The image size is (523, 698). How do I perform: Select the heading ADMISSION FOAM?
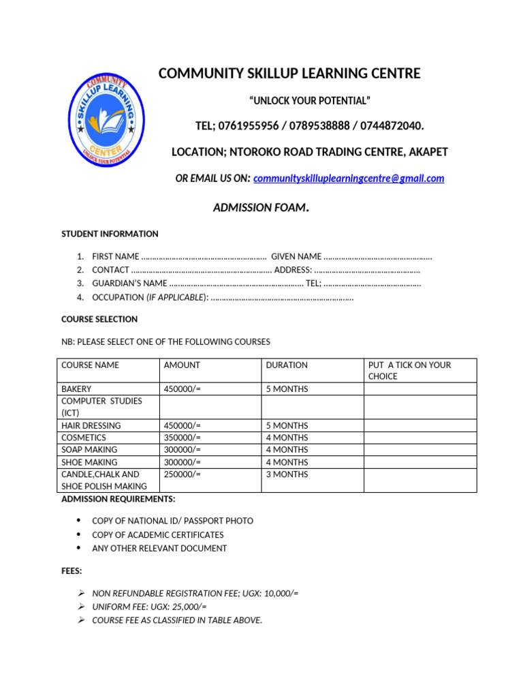261,208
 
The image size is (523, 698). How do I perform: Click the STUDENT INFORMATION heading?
110,234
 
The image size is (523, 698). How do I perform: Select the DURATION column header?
287,365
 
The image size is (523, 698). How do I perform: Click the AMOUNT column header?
182,365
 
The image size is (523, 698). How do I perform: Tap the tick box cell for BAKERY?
419,389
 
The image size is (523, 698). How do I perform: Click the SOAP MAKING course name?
89,450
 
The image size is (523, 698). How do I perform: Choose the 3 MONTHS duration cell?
287,474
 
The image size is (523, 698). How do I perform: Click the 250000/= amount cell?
183,474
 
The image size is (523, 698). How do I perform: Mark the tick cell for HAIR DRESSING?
419,425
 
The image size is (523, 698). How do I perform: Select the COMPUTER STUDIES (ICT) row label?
101,407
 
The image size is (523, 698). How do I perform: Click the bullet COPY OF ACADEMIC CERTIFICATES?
157,535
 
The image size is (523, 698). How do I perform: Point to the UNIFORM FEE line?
149,607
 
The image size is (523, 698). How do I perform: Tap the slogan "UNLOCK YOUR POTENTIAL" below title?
310,102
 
